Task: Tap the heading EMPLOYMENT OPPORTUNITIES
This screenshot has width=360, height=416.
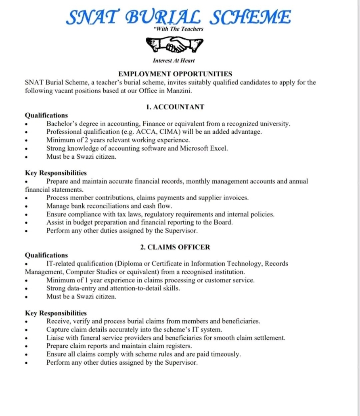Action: pos(175,74)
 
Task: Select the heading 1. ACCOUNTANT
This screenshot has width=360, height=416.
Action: pos(175,107)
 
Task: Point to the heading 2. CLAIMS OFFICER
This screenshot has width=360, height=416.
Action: pos(175,247)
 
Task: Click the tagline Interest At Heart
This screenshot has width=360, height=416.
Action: pos(174,61)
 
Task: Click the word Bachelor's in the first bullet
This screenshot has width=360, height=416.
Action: pos(63,124)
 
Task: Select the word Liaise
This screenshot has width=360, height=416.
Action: pos(55,338)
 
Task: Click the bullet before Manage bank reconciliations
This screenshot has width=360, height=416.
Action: pos(27,206)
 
